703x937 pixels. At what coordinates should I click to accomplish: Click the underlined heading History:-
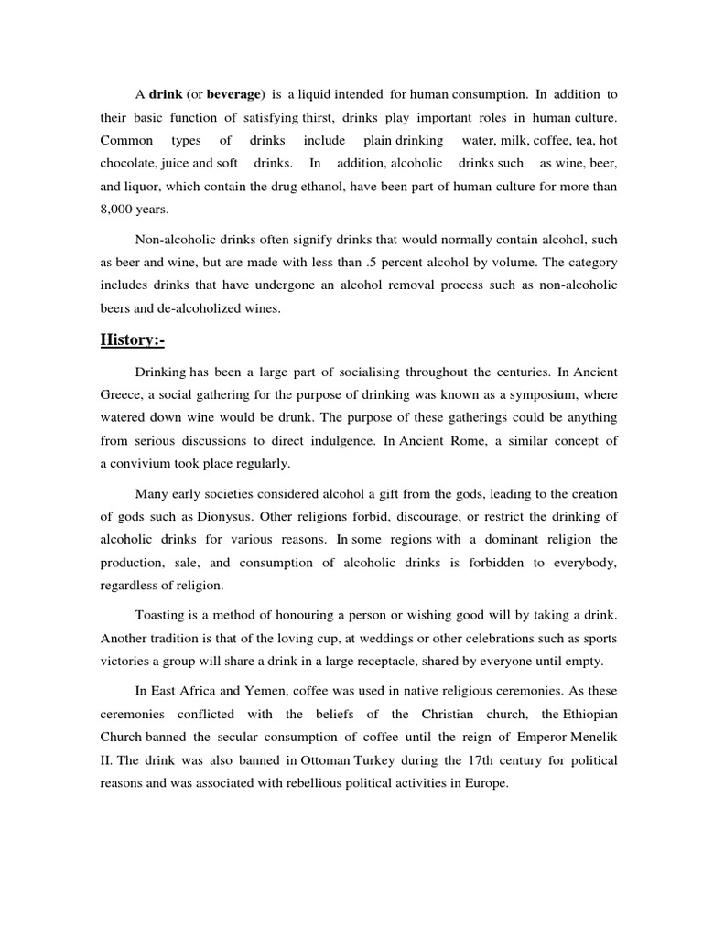(x=132, y=340)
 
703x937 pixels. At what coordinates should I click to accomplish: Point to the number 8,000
(x=119, y=209)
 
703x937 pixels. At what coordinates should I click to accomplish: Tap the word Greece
(x=122, y=394)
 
